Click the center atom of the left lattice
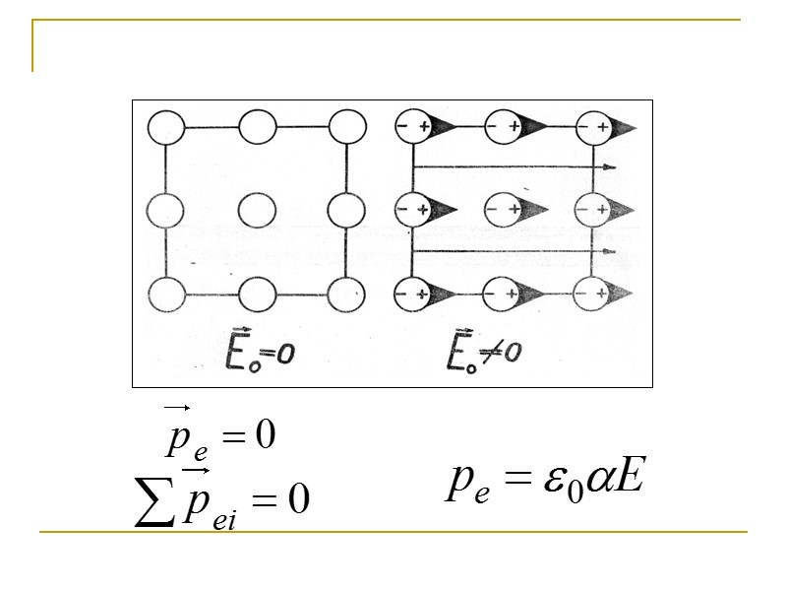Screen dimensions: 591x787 click(257, 210)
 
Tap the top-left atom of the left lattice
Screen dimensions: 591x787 click(164, 127)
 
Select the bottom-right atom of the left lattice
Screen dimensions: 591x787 click(346, 294)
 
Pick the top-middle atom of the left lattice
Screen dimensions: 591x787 click(257, 127)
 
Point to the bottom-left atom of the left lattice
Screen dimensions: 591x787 click(164, 294)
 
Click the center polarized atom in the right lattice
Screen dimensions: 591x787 click(505, 210)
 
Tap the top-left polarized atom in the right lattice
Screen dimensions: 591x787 click(412, 127)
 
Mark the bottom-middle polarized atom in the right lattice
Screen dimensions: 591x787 click(505, 294)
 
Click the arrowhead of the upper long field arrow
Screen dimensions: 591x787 click(611, 168)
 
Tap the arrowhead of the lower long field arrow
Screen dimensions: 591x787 click(609, 252)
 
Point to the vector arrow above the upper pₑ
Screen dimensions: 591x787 click(177, 406)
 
